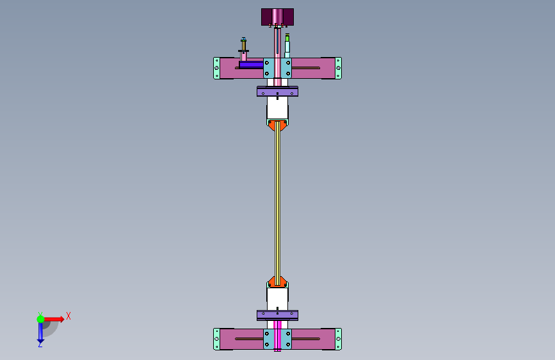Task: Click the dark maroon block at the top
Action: [278, 17]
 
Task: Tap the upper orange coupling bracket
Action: [278, 126]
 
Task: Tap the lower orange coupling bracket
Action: [278, 281]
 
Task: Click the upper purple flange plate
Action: [278, 92]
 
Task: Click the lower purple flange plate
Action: [278, 315]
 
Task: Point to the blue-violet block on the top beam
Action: [251, 64]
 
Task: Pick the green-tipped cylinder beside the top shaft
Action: [287, 45]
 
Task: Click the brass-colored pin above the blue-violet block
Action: [243, 44]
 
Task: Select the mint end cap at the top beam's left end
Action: [216, 68]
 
